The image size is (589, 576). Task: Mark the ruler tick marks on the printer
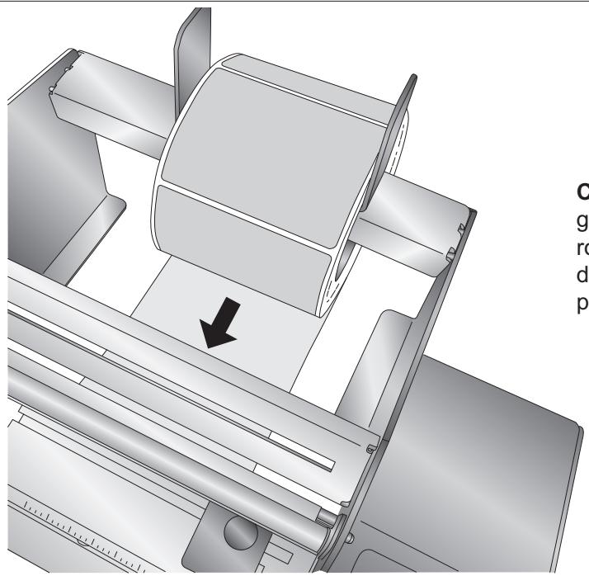74,528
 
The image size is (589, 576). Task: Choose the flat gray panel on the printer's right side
511,479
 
